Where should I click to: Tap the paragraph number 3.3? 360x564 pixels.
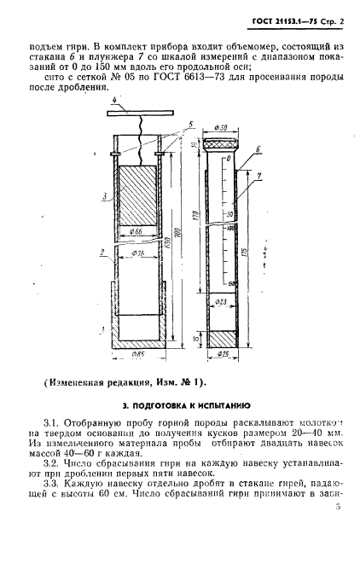53,496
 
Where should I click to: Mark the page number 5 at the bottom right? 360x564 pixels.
338,530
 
